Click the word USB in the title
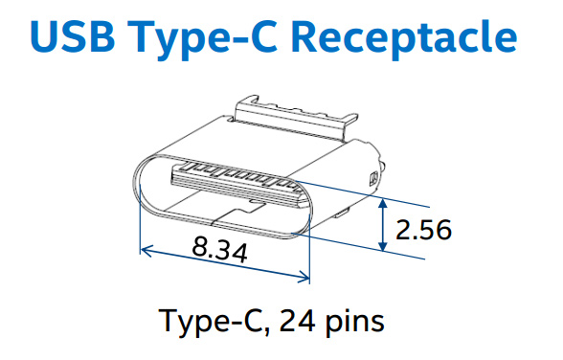[x=73, y=35]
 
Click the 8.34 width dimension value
[x=220, y=249]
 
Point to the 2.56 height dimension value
[x=423, y=230]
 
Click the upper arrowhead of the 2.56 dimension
[x=383, y=203]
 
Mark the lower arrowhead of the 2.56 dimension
[x=383, y=246]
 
